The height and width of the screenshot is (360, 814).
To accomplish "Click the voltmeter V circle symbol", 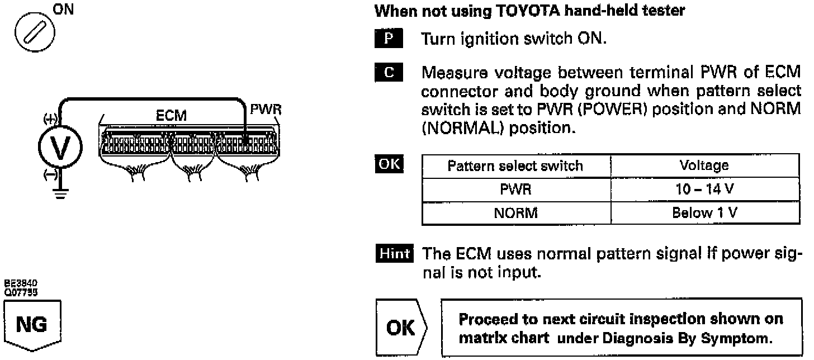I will [60, 148].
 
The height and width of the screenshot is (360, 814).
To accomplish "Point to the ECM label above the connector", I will [171, 116].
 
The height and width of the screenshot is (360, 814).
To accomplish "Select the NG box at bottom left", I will [32, 325].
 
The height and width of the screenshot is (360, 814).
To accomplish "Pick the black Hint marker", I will [394, 254].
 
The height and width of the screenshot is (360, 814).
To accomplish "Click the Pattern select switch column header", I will [515, 166].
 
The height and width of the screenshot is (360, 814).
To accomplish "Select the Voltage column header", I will [704, 166].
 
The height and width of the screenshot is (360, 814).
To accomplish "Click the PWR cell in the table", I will [515, 190].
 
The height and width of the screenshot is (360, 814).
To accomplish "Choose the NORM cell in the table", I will [515, 213].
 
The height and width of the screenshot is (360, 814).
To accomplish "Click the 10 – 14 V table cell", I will [704, 190].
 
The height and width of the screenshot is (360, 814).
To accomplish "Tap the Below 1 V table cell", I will [704, 213].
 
